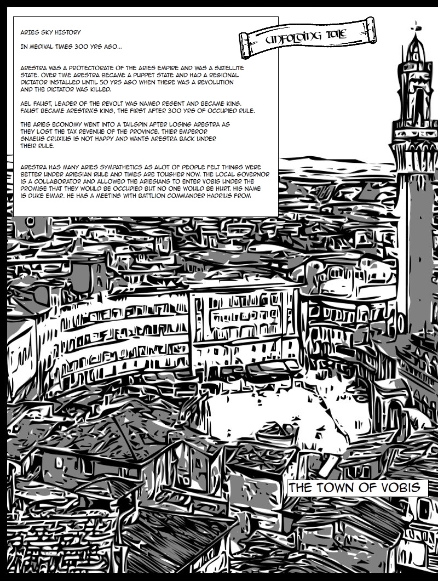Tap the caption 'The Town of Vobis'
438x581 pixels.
(357, 488)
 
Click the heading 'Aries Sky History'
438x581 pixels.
(49, 33)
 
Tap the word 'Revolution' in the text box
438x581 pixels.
(215, 82)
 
